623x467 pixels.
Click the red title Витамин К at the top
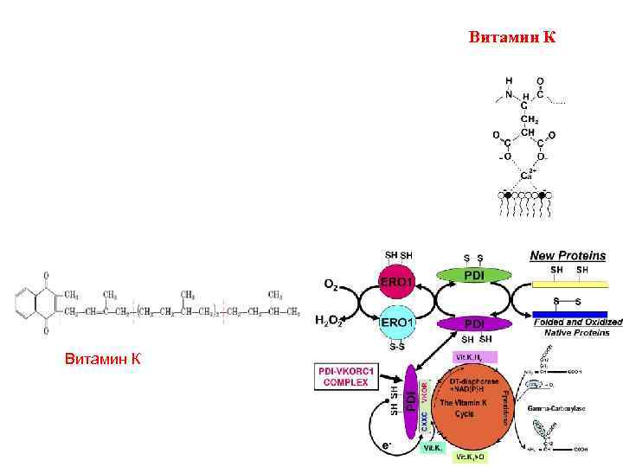(512, 37)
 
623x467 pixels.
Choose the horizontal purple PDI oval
(474, 323)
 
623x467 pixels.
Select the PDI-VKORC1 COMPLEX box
(346, 376)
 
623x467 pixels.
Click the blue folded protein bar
(571, 314)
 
